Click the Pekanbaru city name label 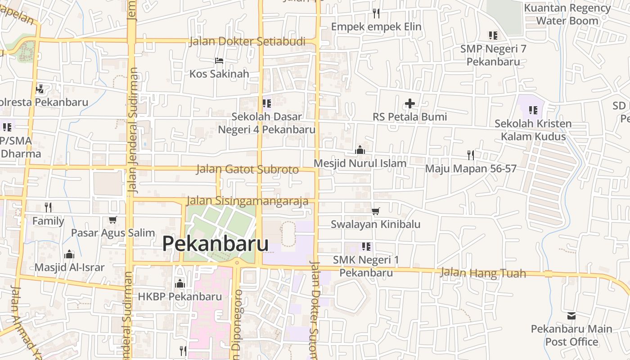[215, 244]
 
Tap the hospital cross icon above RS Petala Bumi [409, 104]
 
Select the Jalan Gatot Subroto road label [247, 170]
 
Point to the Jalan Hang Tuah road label [482, 273]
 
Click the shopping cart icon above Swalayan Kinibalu [376, 211]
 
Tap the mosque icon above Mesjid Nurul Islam [360, 150]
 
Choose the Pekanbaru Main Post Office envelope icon [571, 316]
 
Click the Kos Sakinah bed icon [219, 61]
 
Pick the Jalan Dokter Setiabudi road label [247, 41]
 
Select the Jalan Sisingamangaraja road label [247, 201]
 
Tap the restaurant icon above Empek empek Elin [376, 13]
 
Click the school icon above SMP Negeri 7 [493, 35]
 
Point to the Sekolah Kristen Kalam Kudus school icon [533, 110]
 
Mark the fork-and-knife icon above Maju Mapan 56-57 [471, 155]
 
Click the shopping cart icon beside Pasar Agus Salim [112, 220]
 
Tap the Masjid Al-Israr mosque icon [69, 254]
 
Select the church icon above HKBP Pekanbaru [180, 283]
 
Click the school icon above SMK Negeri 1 [366, 247]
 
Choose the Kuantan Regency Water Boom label [567, 14]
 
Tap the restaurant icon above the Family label [48, 207]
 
